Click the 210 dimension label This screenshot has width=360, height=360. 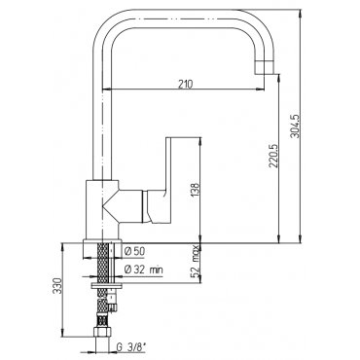[185, 84]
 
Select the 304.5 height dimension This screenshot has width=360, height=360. [296, 126]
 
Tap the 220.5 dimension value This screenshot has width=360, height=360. [273, 157]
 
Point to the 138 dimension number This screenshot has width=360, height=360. [195, 190]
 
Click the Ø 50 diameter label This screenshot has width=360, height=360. [134, 251]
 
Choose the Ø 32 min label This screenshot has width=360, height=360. [144, 270]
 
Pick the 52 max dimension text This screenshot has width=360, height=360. [196, 262]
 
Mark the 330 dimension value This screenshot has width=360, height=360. [57, 285]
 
